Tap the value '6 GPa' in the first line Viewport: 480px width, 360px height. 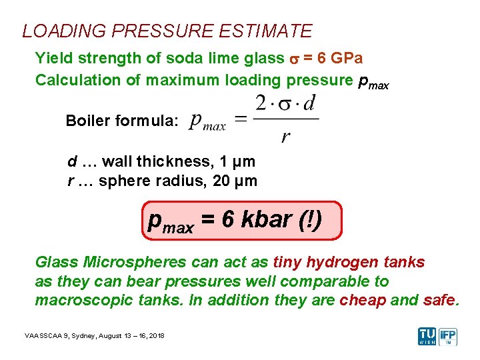(x=340, y=58)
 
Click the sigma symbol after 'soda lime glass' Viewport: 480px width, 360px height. (x=294, y=59)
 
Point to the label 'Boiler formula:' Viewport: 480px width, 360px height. (x=122, y=121)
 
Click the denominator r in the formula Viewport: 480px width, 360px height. (x=285, y=137)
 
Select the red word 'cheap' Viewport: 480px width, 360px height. (x=363, y=300)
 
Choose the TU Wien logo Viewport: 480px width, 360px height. (x=427, y=336)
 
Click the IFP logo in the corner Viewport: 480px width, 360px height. (x=449, y=336)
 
